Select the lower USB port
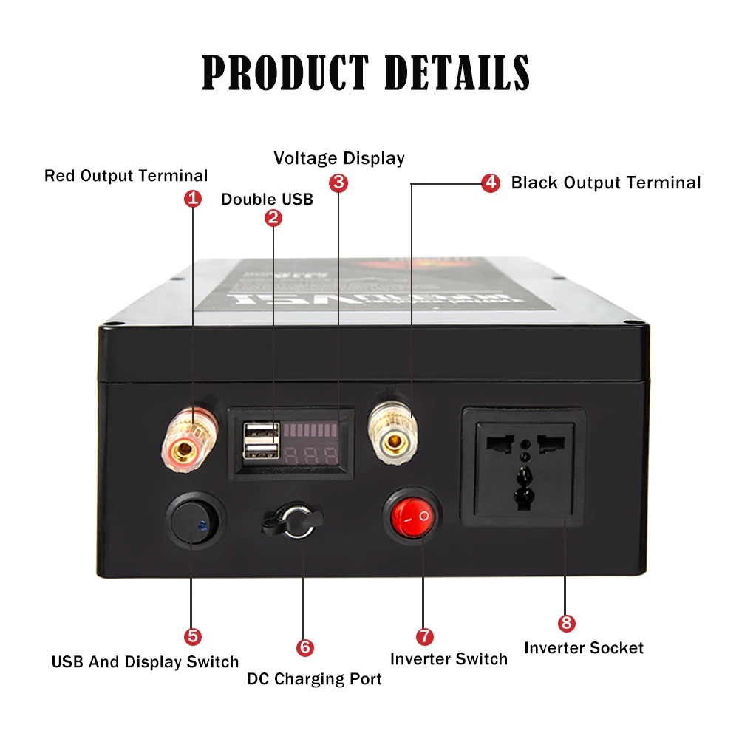click(x=261, y=452)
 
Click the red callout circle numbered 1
click(x=193, y=199)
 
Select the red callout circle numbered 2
click(x=273, y=217)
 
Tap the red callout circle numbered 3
click(x=338, y=182)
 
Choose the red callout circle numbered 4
click(x=491, y=183)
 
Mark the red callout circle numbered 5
click(x=192, y=636)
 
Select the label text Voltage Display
click(x=339, y=158)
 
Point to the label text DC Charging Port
click(x=314, y=679)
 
